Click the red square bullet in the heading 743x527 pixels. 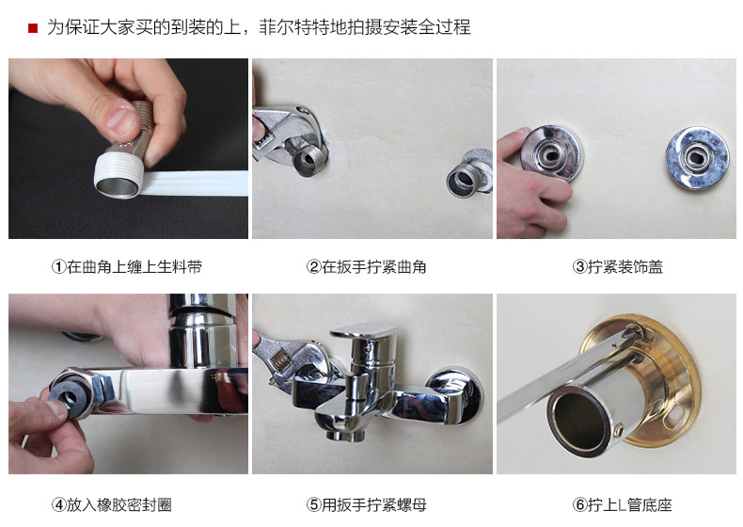click(x=33, y=28)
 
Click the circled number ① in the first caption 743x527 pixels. click(x=58, y=267)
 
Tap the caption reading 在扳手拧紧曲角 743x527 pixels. click(x=374, y=267)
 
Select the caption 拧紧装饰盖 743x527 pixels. click(x=625, y=267)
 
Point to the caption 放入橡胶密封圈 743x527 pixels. click(x=119, y=504)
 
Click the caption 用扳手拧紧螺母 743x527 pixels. click(x=374, y=504)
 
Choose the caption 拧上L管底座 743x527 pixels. click(x=630, y=504)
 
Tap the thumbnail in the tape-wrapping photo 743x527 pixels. click(x=121, y=120)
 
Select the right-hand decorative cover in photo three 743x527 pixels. click(x=697, y=158)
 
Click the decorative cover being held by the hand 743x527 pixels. click(x=550, y=152)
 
